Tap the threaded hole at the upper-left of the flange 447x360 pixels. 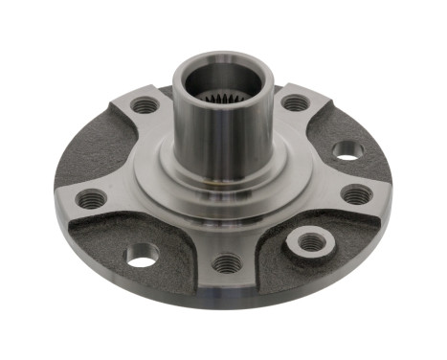pyautogui.click(x=145, y=105)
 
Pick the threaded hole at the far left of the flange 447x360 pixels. pyautogui.click(x=91, y=199)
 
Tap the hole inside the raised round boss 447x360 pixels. pyautogui.click(x=312, y=241)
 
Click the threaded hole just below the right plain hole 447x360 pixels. pyautogui.click(x=357, y=194)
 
